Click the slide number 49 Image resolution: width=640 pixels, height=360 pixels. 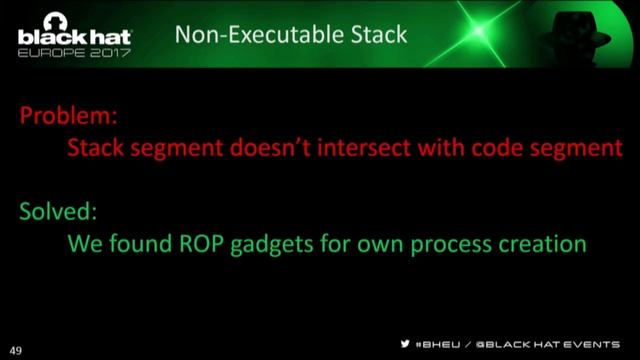click(16, 351)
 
